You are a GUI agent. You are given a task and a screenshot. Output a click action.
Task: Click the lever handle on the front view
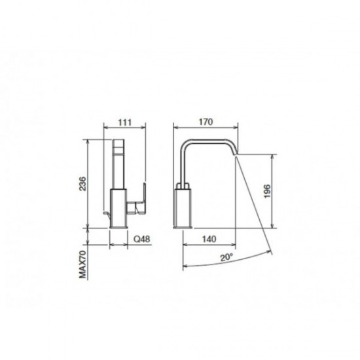point(139,202)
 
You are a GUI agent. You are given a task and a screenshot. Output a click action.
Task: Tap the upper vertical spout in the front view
point(120,164)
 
